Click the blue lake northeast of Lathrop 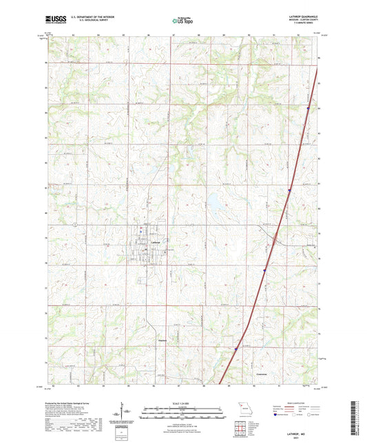214,203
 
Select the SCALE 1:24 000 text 182,403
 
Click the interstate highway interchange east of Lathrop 274,240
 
